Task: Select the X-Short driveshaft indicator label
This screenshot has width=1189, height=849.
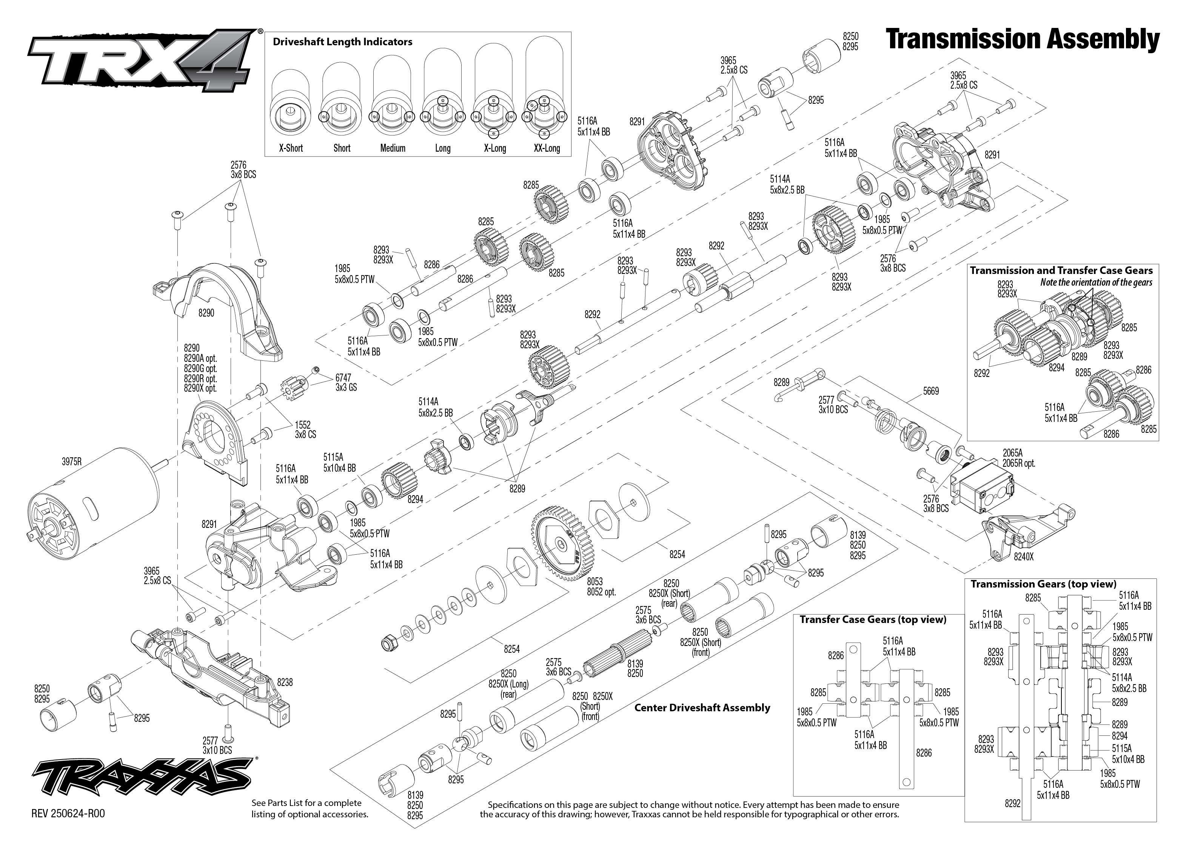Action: [291, 148]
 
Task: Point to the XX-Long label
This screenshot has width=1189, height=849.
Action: [547, 148]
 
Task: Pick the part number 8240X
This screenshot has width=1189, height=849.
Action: [1023, 557]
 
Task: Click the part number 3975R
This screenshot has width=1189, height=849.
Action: [72, 461]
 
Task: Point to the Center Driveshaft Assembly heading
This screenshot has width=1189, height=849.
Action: [702, 708]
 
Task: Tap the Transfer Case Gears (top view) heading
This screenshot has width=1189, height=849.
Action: [873, 620]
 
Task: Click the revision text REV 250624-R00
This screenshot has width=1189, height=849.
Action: [68, 814]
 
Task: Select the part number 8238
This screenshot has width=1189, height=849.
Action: [285, 682]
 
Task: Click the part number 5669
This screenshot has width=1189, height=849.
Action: [931, 391]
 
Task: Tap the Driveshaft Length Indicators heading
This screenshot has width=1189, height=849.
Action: [342, 42]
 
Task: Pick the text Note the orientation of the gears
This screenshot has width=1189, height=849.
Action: [1096, 282]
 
